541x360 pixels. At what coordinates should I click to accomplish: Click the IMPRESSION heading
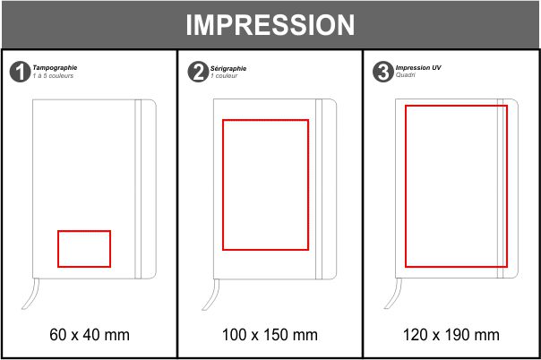click(270, 25)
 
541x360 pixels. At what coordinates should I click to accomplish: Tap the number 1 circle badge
click(20, 72)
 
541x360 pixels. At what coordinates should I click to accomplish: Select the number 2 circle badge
click(198, 72)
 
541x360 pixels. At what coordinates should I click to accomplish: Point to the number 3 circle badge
click(383, 72)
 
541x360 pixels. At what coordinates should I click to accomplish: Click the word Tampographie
click(55, 67)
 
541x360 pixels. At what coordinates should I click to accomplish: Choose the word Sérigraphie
click(228, 68)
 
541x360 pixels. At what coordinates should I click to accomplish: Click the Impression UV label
click(418, 67)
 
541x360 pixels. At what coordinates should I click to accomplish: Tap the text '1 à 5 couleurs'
click(53, 75)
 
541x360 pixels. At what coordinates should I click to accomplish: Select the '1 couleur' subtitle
click(224, 75)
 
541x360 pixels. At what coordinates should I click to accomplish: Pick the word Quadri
click(406, 75)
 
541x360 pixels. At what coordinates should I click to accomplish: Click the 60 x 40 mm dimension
click(90, 335)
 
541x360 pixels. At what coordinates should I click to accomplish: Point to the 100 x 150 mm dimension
click(270, 335)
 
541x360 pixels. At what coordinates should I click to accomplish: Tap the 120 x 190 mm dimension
click(451, 335)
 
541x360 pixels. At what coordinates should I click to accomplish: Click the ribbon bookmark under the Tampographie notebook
click(31, 294)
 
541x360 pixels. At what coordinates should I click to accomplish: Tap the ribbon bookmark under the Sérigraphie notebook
click(211, 294)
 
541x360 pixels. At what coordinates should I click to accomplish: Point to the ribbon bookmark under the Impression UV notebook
click(393, 294)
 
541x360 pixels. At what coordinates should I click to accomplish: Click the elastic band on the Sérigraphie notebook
click(319, 189)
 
